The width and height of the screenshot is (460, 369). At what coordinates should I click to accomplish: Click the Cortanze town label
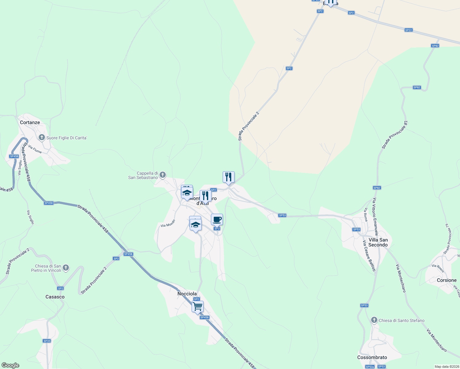click(30, 122)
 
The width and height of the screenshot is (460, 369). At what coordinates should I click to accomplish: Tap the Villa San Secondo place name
click(378, 242)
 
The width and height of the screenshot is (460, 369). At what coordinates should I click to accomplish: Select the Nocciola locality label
click(187, 294)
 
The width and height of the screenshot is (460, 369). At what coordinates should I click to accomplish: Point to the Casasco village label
click(55, 297)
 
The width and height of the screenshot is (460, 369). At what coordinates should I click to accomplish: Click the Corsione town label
click(446, 280)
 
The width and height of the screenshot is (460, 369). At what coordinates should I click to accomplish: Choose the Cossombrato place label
click(372, 357)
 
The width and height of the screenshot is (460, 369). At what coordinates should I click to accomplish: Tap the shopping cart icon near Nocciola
click(197, 306)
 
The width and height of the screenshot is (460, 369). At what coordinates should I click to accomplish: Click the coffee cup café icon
click(217, 220)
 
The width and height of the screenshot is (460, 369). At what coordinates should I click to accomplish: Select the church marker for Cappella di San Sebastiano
click(163, 175)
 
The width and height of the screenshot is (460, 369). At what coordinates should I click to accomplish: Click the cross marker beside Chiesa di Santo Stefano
click(374, 320)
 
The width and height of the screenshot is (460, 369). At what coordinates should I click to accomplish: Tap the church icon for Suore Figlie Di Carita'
click(42, 137)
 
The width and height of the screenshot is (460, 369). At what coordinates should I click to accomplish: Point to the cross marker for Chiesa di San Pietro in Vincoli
click(65, 268)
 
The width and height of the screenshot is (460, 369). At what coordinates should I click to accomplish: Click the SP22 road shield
click(408, 30)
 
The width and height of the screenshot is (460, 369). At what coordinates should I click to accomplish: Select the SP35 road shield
click(47, 341)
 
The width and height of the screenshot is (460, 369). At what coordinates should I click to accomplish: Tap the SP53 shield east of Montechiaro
click(282, 215)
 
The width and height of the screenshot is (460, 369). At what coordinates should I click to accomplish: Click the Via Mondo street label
click(168, 224)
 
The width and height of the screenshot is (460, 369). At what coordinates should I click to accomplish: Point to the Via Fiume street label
click(35, 149)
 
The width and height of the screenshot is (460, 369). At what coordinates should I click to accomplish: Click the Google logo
click(10, 365)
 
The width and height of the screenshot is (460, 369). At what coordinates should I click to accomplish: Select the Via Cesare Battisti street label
click(369, 256)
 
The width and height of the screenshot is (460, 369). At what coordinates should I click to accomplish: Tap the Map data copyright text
click(446, 367)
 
